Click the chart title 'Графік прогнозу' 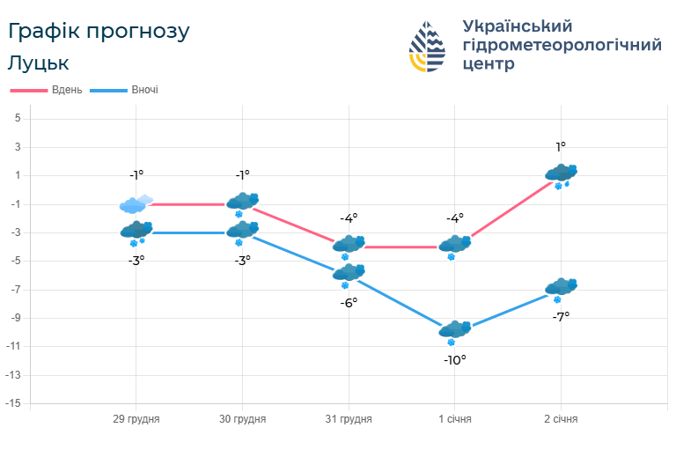point(99,32)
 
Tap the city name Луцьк point(38,63)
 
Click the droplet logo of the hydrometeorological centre point(429,46)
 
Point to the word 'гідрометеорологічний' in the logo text point(561,45)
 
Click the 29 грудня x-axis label point(136,419)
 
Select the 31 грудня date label point(349,419)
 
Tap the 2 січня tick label point(561,419)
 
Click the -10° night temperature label point(454,359)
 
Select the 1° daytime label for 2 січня point(561,147)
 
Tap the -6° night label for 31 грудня point(349,302)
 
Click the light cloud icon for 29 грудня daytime point(136,204)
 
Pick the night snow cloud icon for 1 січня point(455,331)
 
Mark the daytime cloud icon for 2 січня point(561,173)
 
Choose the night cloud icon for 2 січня point(561,288)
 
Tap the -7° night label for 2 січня point(561,316)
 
